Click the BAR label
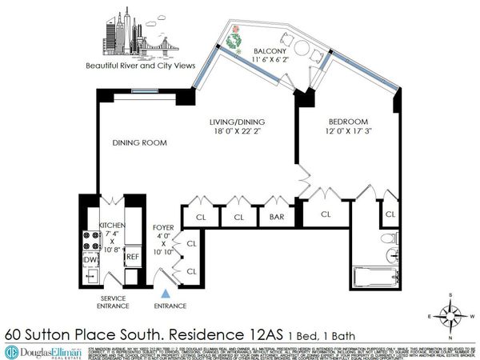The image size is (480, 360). point(277,217)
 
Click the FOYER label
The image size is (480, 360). point(163,228)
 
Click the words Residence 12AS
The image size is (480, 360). point(249,331)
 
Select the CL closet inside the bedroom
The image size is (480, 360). point(390,214)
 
